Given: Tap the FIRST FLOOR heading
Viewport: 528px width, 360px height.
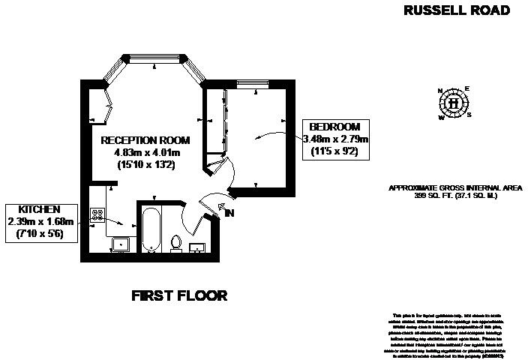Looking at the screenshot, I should [179, 295].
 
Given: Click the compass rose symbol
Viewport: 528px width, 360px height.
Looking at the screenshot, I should [454, 103].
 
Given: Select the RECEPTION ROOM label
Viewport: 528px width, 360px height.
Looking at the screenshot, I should [145, 140].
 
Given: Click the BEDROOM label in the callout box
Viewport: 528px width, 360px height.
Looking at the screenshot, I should [335, 127].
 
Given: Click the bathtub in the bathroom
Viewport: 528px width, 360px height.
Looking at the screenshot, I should [149, 229].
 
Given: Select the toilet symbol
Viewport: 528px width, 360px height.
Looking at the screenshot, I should [176, 243].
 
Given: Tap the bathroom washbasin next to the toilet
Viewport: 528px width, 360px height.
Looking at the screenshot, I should [199, 247].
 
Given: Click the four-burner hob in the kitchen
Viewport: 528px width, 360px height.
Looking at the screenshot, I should [97, 214].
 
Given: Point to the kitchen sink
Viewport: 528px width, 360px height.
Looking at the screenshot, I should [121, 244].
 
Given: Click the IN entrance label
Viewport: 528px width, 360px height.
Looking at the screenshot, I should [230, 214].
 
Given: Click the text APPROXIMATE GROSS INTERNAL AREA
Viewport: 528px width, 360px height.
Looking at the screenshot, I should [455, 187].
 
